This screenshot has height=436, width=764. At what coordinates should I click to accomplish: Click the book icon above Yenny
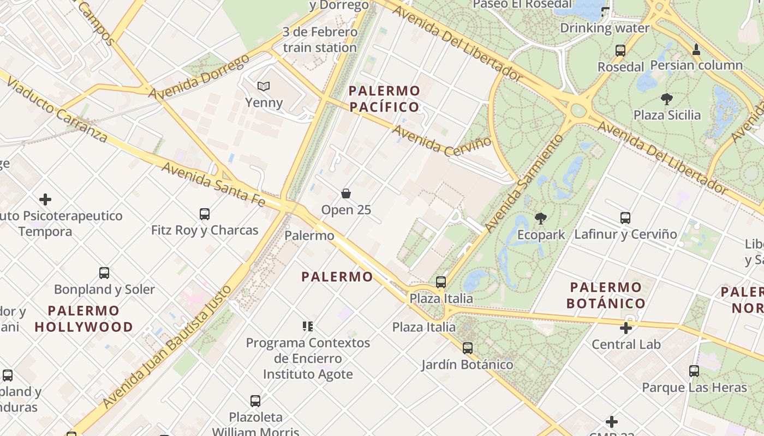264,86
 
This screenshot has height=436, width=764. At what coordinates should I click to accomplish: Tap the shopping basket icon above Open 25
346,193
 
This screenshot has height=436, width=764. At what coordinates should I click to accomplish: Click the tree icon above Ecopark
541,219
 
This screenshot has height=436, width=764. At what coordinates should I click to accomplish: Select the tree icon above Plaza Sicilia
666,99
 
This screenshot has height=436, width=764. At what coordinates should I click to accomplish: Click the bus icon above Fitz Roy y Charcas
205,214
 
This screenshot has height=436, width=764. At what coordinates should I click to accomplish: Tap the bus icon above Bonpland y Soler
104,273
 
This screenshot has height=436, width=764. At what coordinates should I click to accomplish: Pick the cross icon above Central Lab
626,328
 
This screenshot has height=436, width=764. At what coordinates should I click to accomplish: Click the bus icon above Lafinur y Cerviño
625,218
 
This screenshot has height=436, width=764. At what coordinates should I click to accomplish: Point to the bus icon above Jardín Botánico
467,348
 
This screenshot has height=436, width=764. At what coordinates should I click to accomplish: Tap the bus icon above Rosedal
620,51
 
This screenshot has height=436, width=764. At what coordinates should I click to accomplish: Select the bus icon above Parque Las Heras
694,371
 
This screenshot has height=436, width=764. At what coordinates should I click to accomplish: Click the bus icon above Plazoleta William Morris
255,401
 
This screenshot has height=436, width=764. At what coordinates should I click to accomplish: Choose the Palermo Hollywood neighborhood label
84,319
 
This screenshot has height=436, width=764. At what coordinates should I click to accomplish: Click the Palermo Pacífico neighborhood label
385,99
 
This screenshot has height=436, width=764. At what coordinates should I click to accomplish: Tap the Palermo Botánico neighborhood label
606,295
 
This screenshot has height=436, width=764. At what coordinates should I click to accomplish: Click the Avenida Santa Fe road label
213,185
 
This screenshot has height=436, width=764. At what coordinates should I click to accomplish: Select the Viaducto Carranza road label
57,106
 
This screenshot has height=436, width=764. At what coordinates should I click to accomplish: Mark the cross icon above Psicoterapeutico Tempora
45,199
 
